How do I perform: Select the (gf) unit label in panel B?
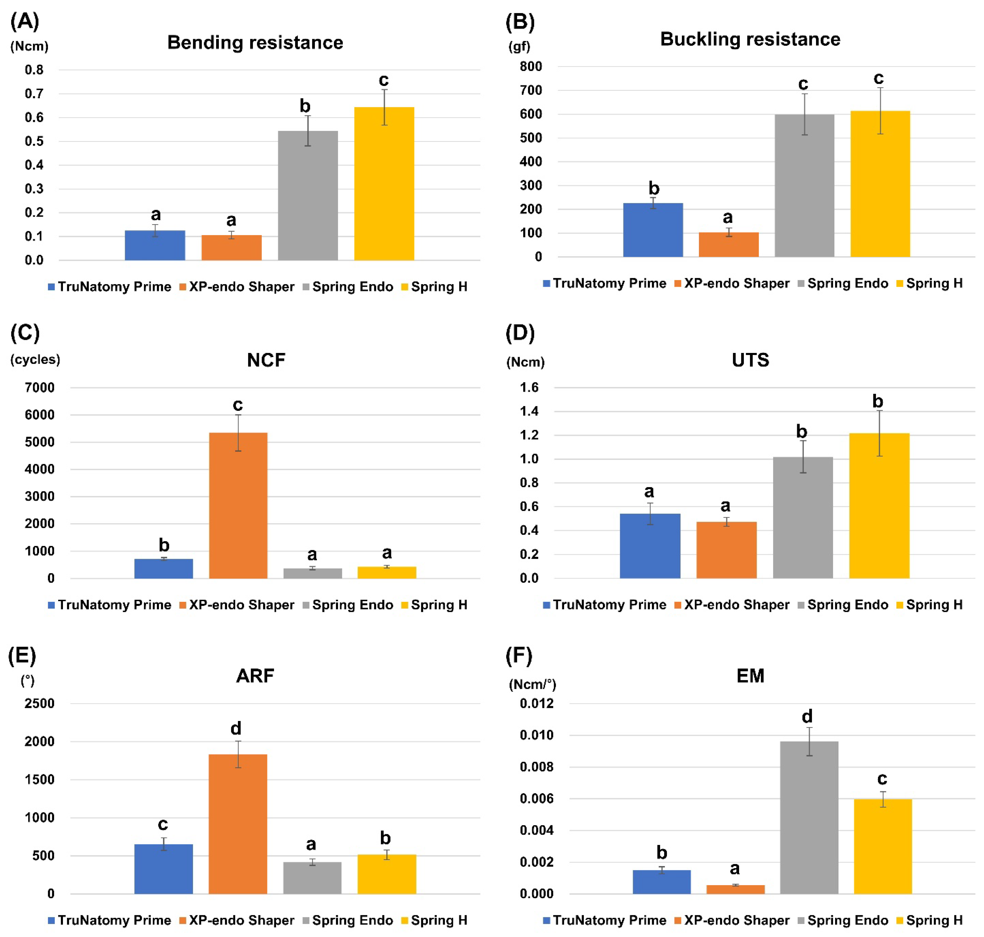pyautogui.click(x=519, y=46)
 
